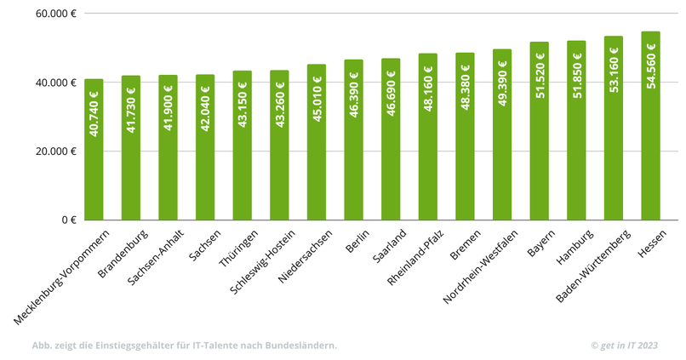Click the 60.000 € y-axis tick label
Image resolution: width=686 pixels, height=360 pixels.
click(57, 14)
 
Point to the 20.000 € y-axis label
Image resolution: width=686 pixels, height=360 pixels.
click(57, 151)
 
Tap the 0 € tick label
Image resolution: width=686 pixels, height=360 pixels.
click(69, 220)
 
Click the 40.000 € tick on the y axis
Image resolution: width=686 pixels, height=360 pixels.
click(57, 83)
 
